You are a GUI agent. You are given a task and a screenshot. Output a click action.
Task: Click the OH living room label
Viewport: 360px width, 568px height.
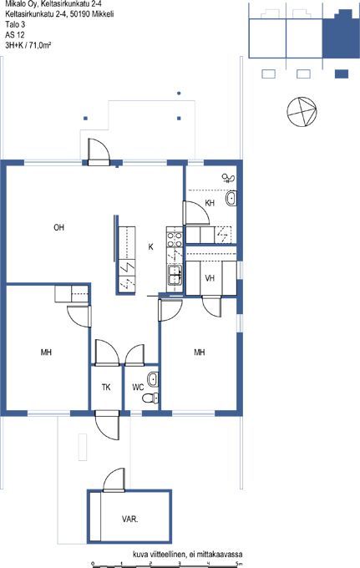(58, 227)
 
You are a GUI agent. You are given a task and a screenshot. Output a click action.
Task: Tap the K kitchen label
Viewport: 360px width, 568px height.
(150, 247)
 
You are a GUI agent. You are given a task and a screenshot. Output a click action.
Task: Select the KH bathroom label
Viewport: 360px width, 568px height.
(210, 203)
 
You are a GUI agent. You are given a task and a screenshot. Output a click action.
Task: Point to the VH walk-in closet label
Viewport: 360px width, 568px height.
(210, 278)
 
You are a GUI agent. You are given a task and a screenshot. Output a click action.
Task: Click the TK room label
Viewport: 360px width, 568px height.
(106, 388)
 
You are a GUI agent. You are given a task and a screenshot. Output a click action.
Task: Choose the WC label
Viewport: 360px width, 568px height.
(138, 388)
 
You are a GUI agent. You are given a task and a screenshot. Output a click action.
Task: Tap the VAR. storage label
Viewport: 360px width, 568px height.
(129, 519)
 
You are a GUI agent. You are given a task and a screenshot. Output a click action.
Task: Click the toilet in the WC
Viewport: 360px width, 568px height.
(151, 398)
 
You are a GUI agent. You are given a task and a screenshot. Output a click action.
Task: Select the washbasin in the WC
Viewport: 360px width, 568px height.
(153, 379)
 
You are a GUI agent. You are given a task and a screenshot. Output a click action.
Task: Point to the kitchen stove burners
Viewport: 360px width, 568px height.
(175, 240)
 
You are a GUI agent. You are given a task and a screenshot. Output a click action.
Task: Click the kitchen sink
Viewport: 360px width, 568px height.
(175, 275)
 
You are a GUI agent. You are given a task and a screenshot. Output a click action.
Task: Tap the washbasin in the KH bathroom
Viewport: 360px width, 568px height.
(231, 198)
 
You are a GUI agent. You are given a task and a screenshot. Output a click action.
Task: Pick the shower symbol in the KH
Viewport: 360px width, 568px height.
(229, 177)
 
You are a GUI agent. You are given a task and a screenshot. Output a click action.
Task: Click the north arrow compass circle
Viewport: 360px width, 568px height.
(302, 112)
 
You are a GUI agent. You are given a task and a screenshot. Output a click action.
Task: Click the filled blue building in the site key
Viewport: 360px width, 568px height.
(341, 33)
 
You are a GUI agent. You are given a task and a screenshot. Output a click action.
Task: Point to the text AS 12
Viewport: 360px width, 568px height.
(15, 35)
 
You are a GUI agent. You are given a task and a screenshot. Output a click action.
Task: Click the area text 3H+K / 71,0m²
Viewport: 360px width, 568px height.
(28, 45)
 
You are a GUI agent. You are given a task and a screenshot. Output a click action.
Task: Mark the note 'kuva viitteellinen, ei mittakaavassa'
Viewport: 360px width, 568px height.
(188, 555)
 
